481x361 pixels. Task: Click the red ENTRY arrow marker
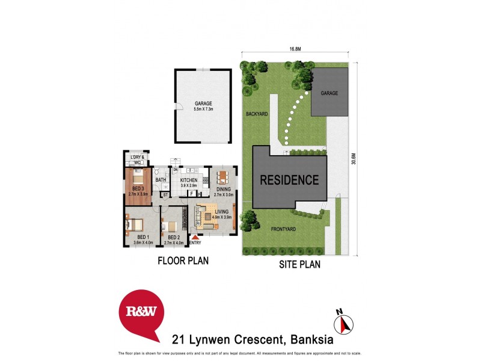point(195,238)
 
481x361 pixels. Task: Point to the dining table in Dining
point(222,177)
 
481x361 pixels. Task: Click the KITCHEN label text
point(189,180)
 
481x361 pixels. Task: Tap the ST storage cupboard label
point(165,194)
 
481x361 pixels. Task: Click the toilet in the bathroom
point(156,171)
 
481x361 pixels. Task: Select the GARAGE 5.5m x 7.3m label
point(203,106)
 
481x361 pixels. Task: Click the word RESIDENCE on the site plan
point(289,179)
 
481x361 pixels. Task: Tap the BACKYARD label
point(256,113)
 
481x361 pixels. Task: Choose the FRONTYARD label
point(283,229)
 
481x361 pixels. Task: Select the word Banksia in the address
point(314,338)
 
